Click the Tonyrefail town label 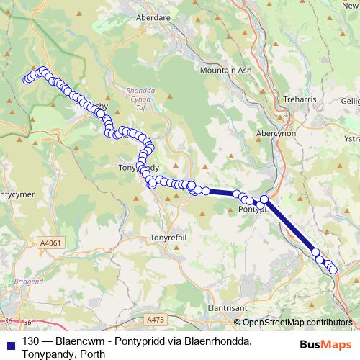168,238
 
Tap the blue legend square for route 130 10,341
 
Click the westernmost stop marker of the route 27,79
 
